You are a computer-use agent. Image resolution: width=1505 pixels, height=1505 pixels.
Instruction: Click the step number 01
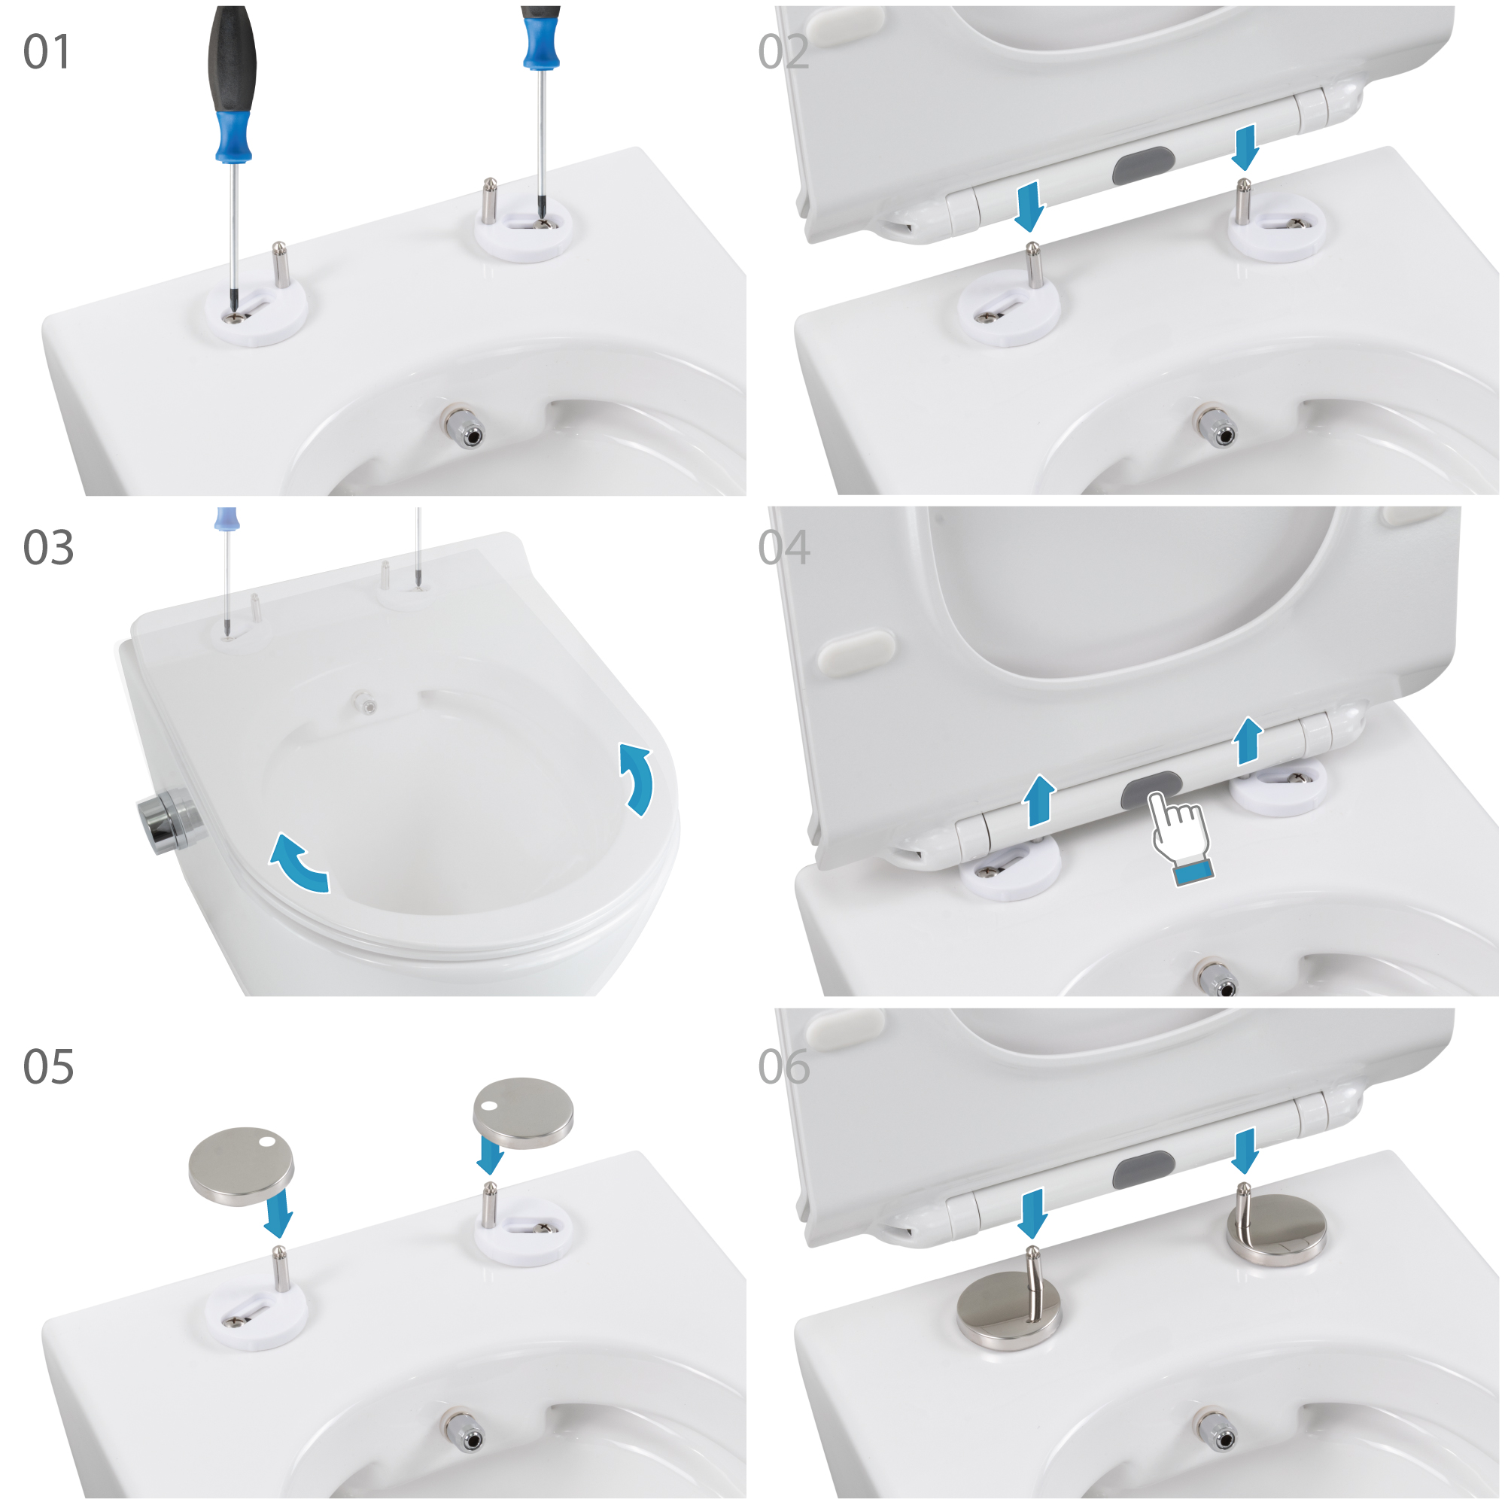[47, 52]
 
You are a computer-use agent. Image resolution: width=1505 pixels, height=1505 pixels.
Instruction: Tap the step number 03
[48, 548]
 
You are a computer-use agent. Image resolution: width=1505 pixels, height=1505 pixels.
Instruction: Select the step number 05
[48, 1066]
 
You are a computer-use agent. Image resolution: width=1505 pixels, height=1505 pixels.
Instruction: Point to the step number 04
[783, 548]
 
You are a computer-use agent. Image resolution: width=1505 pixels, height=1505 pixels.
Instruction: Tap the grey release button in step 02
[1143, 165]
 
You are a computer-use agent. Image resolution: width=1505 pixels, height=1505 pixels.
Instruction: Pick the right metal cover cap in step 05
[523, 1113]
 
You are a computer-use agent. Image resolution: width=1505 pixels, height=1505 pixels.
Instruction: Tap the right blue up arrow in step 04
[1248, 740]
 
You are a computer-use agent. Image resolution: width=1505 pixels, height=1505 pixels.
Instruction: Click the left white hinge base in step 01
[256, 311]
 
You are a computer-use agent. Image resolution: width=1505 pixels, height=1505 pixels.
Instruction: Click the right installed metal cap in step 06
[1276, 1231]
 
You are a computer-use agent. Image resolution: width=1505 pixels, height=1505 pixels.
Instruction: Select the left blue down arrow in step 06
[1032, 1213]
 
